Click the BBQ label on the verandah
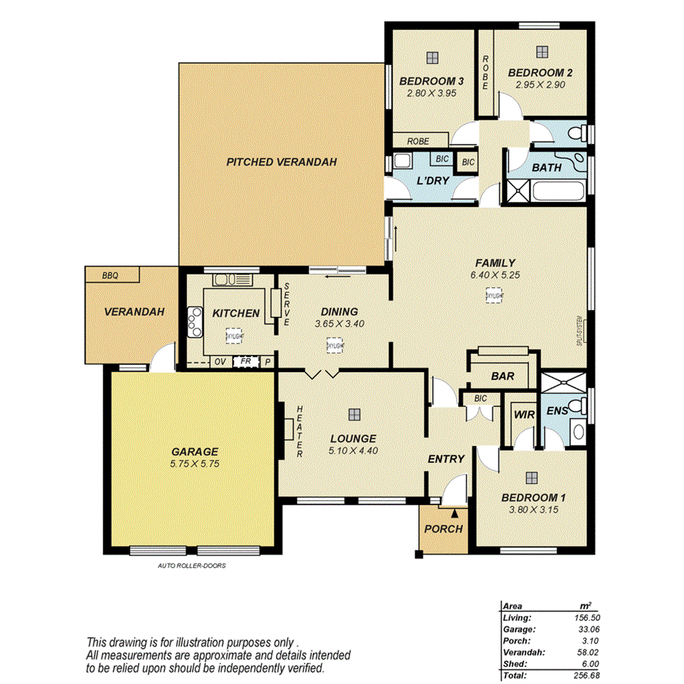110,275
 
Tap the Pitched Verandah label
281,161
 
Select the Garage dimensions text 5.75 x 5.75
194,464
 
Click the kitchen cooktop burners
194,321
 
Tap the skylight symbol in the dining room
334,345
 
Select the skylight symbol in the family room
494,295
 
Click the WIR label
524,415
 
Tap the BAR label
503,376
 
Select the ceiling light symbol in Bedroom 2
542,51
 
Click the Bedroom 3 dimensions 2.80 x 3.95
432,93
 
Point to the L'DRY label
433,181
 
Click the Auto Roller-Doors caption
192,565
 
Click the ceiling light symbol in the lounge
354,413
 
